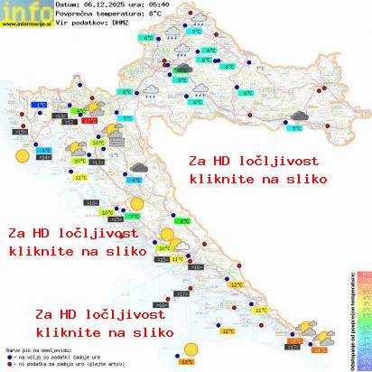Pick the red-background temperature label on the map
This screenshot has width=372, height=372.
pos(89,119)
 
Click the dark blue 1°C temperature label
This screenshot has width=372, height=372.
pos(40,106)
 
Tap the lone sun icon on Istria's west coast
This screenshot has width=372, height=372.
pos(20,155)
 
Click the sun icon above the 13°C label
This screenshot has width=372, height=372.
pos(190,348)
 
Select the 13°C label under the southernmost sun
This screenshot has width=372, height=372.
pos(187,361)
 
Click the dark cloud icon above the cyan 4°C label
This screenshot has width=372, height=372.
pos(137,168)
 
